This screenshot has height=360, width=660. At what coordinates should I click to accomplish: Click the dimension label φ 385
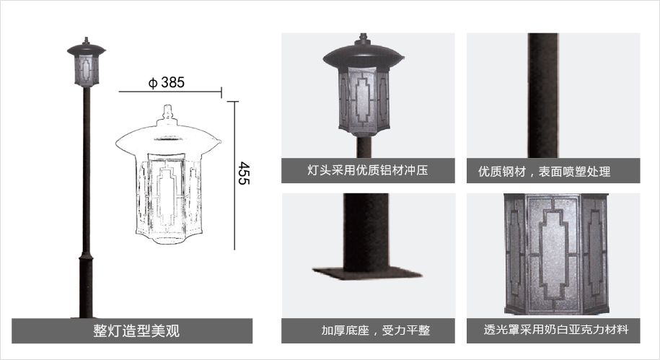167,82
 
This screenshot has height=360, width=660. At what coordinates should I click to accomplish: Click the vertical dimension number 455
244,173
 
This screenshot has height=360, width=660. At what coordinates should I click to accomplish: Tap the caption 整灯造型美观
136,331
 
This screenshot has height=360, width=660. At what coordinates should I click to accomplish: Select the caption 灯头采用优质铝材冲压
367,170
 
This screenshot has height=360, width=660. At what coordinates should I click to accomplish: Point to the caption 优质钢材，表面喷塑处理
545,172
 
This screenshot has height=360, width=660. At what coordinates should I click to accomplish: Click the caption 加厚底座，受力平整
376,330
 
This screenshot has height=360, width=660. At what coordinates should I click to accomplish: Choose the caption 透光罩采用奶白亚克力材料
556,329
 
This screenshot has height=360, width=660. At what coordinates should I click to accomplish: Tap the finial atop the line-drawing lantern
168,113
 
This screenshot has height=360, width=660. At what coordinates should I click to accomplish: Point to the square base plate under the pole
366,273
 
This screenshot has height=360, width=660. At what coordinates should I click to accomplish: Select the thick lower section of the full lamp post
86,286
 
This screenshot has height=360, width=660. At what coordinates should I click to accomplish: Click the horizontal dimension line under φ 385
170,92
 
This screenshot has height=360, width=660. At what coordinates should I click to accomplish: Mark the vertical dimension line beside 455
234,175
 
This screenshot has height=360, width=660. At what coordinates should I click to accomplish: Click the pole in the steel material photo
542,95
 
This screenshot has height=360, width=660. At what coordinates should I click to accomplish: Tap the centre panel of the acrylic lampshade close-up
555,254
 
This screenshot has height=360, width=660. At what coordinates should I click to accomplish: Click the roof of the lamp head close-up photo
364,55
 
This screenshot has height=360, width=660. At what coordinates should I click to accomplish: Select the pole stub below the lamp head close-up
364,147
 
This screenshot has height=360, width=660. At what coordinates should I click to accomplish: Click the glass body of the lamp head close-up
364,100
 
